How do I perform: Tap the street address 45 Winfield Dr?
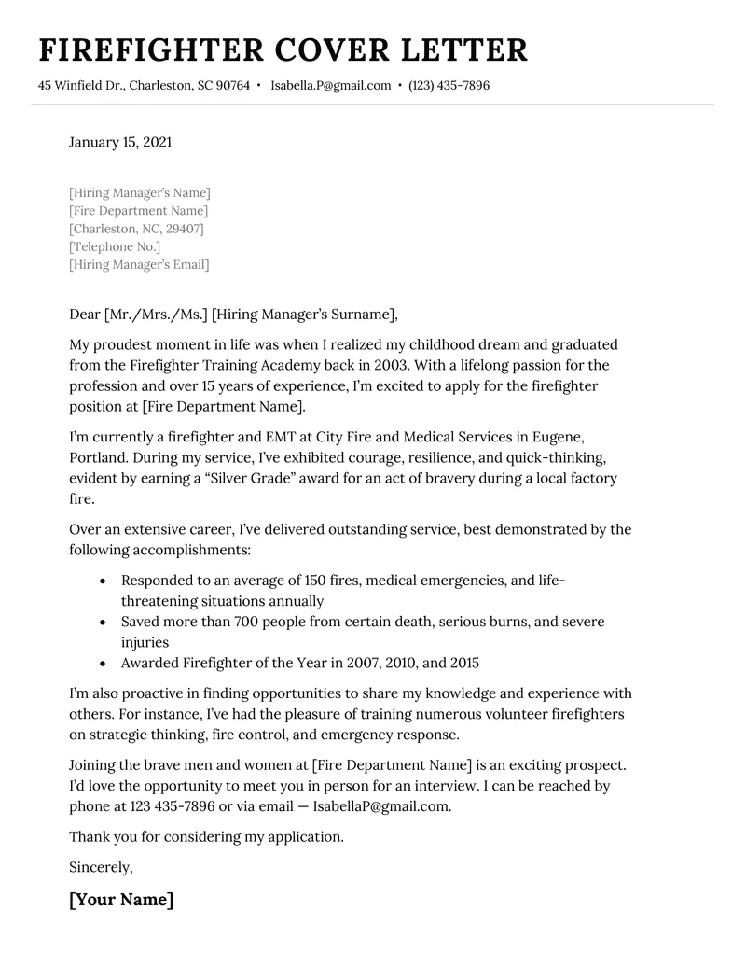pyautogui.click(x=79, y=86)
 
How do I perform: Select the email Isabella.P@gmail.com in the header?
pyautogui.click(x=331, y=86)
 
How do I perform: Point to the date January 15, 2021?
pyautogui.click(x=120, y=143)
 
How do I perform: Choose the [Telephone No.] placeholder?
pyautogui.click(x=115, y=247)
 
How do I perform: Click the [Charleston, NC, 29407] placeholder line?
pyautogui.click(x=136, y=229)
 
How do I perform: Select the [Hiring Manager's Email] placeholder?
pyautogui.click(x=139, y=265)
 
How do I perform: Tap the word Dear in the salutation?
pyautogui.click(x=85, y=314)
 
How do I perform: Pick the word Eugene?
pyautogui.click(x=564, y=438)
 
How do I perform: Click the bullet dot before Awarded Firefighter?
pyautogui.click(x=103, y=664)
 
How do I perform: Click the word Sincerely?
pyautogui.click(x=101, y=867)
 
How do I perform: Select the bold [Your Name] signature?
pyautogui.click(x=121, y=901)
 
